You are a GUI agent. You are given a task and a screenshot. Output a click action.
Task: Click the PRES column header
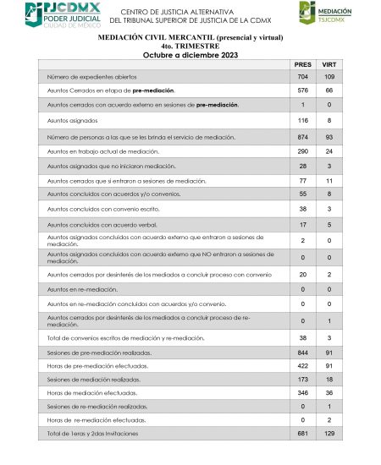302,64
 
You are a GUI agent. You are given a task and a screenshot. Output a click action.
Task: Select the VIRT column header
329,64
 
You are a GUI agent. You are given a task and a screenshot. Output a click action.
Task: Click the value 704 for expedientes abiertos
302,76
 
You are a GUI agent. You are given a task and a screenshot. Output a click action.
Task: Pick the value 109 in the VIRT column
329,76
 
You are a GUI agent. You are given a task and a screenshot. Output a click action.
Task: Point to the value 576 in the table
302,89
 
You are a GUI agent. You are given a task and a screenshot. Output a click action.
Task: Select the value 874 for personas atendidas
302,137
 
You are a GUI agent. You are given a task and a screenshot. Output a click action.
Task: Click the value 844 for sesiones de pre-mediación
302,352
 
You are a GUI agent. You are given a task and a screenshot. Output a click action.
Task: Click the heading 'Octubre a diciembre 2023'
190,55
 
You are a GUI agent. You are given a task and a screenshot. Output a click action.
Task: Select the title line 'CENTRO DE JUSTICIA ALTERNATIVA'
190,11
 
